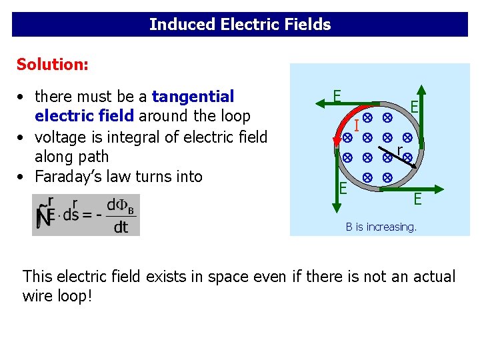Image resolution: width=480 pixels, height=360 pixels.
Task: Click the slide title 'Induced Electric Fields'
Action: tap(240, 25)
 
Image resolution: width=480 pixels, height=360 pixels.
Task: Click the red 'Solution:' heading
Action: tap(52, 65)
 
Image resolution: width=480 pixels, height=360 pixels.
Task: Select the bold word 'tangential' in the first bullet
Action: tap(193, 97)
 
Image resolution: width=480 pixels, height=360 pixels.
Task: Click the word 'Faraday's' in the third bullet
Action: tap(71, 177)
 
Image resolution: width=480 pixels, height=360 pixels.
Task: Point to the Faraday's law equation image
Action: tap(86, 215)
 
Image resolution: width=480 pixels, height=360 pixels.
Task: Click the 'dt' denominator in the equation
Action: tap(120, 228)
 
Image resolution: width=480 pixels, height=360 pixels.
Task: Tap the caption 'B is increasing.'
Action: tap(381, 227)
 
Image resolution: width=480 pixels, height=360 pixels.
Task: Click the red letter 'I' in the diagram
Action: tap(357, 125)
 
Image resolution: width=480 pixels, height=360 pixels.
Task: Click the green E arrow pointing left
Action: tap(353, 103)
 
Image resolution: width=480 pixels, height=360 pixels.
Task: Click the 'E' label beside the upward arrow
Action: tap(414, 107)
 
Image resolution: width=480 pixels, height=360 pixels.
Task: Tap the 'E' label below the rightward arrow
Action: tap(417, 199)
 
